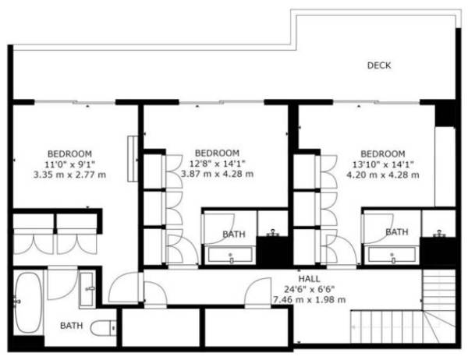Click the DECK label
tap(379, 65)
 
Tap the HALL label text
tap(310, 279)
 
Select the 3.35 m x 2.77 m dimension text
tap(69, 175)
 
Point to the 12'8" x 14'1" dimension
tap(218, 164)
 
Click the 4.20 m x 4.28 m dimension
tap(383, 175)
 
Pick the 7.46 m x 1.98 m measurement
tap(310, 299)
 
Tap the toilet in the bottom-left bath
tap(103, 328)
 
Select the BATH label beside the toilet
tap(71, 326)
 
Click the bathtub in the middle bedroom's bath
tap(230, 256)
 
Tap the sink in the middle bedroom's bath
tap(272, 233)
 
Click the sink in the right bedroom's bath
tap(439, 234)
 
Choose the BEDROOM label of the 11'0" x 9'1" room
tap(69, 154)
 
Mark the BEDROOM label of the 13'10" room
tap(383, 154)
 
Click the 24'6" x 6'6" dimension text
tap(310, 289)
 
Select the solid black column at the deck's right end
tap(445, 114)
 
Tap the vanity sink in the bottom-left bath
tap(87, 290)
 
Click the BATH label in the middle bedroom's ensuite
tap(234, 234)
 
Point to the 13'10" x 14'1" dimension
tap(383, 164)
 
